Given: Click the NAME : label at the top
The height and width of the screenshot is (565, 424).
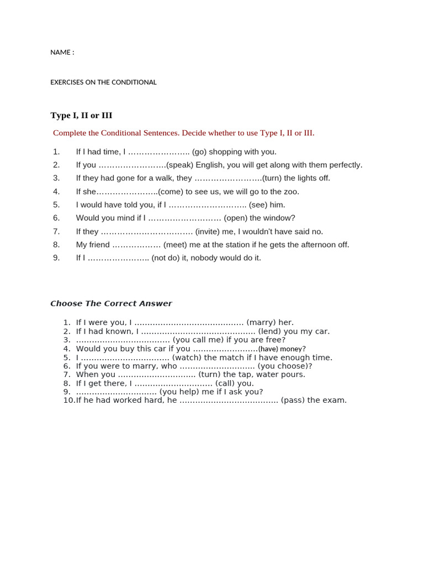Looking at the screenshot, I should tap(62, 52).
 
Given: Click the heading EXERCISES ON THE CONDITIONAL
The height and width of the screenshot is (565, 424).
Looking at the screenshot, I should tap(103, 82).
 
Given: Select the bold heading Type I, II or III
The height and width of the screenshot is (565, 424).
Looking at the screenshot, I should tap(81, 115).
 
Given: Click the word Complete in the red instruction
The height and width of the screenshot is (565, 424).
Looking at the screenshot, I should tap(70, 133).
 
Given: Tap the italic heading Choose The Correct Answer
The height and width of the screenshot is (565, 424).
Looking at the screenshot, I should tap(111, 303).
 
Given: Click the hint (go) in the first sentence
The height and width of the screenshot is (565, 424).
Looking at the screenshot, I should tap(199, 152).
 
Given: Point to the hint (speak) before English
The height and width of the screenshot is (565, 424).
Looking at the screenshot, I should tap(179, 165).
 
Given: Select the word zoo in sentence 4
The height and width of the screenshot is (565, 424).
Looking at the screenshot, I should tap(291, 191).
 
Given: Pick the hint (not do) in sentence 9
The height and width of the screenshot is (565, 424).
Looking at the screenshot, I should tap(168, 258).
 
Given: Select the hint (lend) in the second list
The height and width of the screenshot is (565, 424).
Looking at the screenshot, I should tap(269, 332).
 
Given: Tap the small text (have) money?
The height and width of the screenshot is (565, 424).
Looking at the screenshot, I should tap(282, 349).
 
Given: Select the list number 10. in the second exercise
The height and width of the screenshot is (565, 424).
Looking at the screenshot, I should tap(68, 401).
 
